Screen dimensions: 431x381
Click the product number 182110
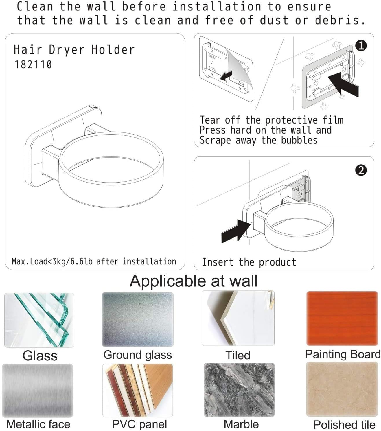[33, 64]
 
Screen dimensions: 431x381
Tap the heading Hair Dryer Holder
[74, 49]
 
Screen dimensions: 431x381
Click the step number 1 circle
[361, 46]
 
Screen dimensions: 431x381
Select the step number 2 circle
[361, 170]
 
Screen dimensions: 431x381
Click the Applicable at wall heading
[194, 281]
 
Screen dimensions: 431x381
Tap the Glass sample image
[39, 320]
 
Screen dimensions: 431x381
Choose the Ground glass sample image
[138, 319]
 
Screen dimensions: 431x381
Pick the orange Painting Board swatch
[342, 318]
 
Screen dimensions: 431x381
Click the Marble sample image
[239, 390]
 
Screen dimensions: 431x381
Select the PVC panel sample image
[138, 390]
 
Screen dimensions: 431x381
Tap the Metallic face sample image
[38, 390]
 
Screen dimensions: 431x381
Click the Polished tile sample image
[342, 389]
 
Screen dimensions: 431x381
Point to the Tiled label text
[238, 355]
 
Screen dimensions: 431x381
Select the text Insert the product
[249, 262]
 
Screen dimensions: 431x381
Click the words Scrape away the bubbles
[258, 140]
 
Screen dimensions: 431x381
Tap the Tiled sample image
[238, 318]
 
